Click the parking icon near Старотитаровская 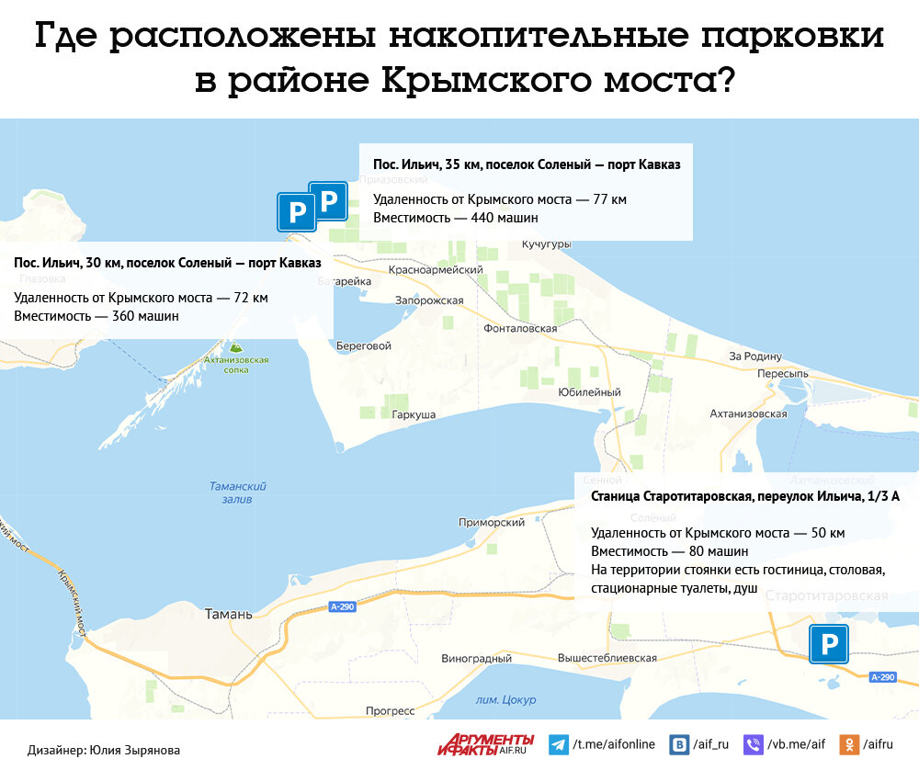828,644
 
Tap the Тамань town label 228,615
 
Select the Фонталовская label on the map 521,328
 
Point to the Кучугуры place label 546,244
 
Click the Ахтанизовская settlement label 748,413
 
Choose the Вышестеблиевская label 607,658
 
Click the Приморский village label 492,522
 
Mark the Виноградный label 476,659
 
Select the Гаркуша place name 414,414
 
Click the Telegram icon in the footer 558,744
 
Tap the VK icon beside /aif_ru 679,744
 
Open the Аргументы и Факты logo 486,744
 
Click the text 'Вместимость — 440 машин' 455,218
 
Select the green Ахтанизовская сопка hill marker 236,346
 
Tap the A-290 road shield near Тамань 341,606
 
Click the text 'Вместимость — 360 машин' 96,316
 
